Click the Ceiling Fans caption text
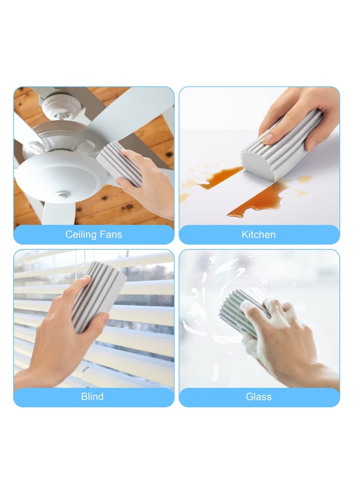(x=94, y=234)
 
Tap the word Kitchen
(x=259, y=234)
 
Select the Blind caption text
(x=92, y=396)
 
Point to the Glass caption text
(x=259, y=396)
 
